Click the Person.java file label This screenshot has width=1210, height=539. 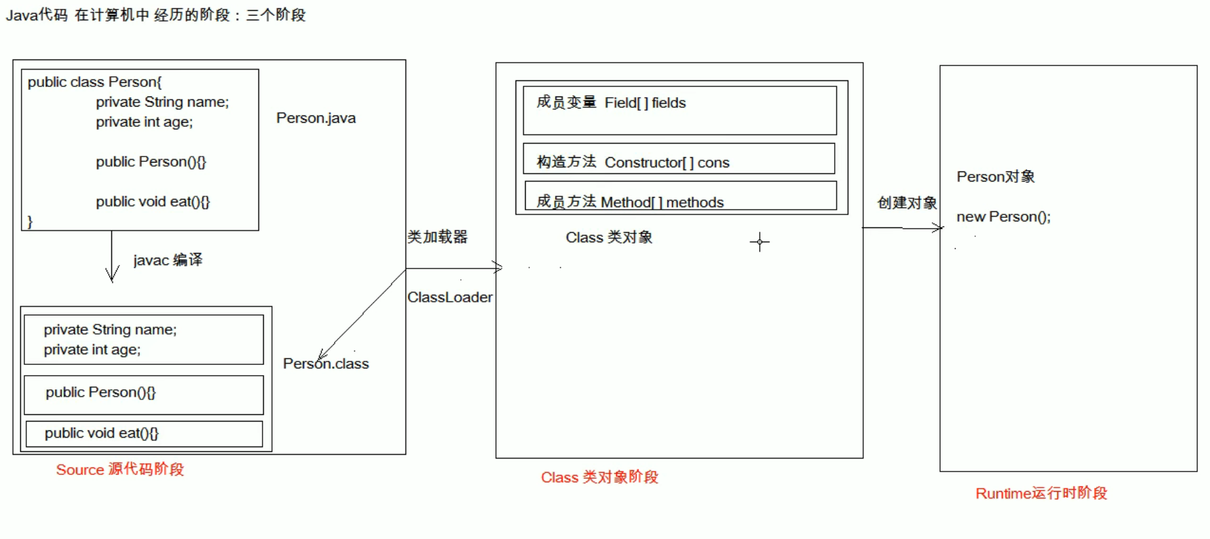(x=316, y=118)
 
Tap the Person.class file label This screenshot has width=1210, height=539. (x=326, y=364)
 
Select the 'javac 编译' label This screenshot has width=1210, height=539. (x=167, y=260)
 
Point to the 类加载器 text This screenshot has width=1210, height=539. (x=437, y=237)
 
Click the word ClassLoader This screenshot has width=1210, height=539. (x=449, y=297)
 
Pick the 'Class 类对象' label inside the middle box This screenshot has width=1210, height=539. (x=609, y=237)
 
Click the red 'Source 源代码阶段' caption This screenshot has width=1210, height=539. (x=119, y=470)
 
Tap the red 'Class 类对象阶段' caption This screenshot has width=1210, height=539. (x=599, y=478)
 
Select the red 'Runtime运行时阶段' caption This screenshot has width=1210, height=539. (x=1041, y=493)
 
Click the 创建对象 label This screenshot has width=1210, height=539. (x=907, y=203)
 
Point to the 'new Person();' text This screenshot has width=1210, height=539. (x=1003, y=217)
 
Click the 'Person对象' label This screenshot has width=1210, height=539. (x=995, y=177)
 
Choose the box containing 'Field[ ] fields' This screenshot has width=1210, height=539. (x=680, y=111)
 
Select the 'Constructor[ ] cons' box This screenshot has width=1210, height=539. (x=679, y=159)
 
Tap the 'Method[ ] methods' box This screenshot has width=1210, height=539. (x=680, y=196)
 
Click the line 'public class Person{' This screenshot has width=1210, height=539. (x=94, y=82)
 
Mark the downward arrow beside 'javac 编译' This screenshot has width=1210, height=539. (x=112, y=256)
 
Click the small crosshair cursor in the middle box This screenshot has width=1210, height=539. (x=759, y=242)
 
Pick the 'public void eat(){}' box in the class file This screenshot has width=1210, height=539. (x=144, y=434)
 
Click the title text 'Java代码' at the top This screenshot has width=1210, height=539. (x=36, y=15)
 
